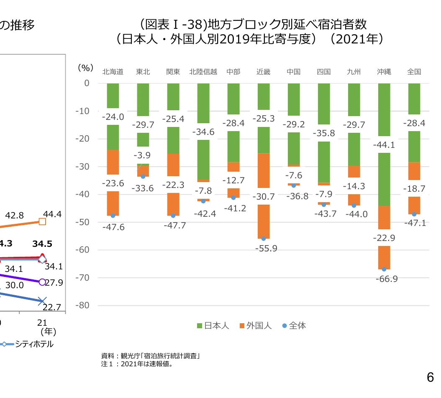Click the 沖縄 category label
pyautogui.click(x=384, y=72)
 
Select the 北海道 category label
pyautogui.click(x=113, y=72)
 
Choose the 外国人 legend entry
pyautogui.click(x=255, y=326)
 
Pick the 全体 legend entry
pyautogui.click(x=294, y=326)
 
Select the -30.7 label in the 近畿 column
pyautogui.click(x=264, y=196)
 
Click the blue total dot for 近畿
pyautogui.click(x=264, y=238)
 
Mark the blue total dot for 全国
pyautogui.click(x=414, y=214)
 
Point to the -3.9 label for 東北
pyautogui.click(x=143, y=155)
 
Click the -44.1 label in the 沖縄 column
pyautogui.click(x=385, y=145)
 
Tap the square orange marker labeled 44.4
pyautogui.click(x=42, y=222)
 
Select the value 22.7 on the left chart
pyautogui.click(x=52, y=307)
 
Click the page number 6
pyautogui.click(x=430, y=378)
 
